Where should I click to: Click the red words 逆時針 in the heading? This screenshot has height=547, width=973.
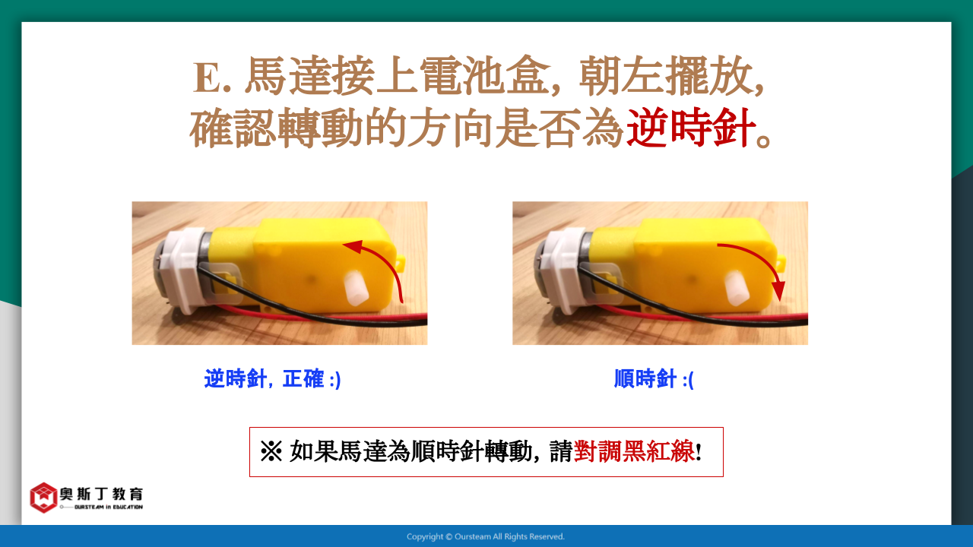691,128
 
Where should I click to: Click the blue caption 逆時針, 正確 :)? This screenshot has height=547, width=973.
272,378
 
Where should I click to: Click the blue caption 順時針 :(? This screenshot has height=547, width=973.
654,378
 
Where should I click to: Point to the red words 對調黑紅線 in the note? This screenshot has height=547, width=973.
634,452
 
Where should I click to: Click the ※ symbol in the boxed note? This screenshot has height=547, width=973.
271,452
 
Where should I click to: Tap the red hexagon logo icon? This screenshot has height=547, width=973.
43,498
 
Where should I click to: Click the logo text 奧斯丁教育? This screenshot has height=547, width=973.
101,494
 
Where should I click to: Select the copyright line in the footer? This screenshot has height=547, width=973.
486,536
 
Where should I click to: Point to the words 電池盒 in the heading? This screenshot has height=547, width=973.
485,77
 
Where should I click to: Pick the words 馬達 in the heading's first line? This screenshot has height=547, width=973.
287,77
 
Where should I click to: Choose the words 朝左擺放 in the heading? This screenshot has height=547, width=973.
666,77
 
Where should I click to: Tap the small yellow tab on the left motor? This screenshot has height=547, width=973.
401,263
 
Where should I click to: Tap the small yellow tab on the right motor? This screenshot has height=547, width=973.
781,263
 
